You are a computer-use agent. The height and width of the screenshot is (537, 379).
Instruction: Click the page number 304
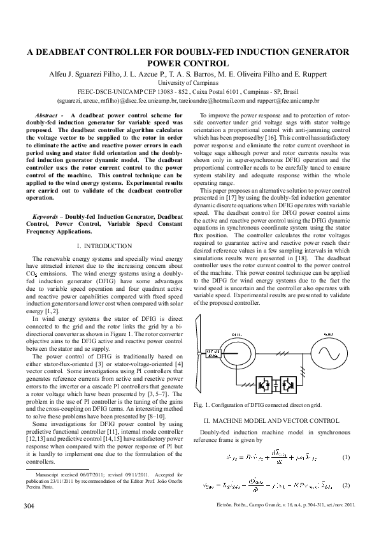[x=29, y=506]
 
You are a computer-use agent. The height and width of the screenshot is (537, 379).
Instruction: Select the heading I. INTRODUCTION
[x=104, y=246]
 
